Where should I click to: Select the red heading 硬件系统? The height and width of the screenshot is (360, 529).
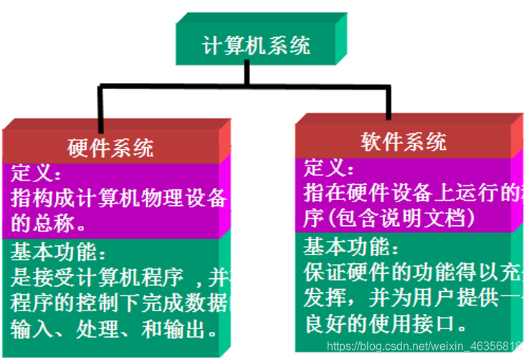(x=111, y=148)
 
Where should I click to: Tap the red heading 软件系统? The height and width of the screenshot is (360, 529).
(x=403, y=141)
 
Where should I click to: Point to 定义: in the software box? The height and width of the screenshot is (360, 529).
(x=329, y=169)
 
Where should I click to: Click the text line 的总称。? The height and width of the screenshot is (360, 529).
(x=49, y=223)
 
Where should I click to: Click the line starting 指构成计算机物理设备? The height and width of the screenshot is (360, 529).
(x=119, y=199)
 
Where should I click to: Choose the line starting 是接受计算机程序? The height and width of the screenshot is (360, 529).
(x=119, y=277)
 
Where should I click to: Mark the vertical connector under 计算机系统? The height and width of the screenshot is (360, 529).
(x=247, y=75)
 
